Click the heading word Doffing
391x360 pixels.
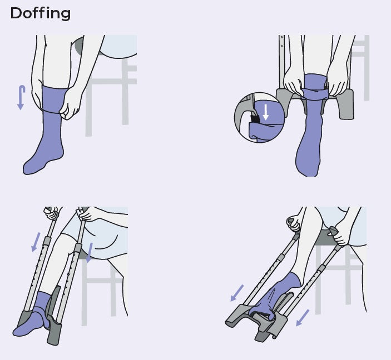tap(40, 13)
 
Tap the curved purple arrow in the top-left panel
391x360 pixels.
tap(21, 97)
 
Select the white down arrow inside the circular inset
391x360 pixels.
tap(266, 112)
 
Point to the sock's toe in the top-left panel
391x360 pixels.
tap(31, 166)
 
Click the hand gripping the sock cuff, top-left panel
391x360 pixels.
tap(71, 103)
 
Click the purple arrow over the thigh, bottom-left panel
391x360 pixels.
tap(89, 252)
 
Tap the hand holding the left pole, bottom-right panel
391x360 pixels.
tap(293, 223)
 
